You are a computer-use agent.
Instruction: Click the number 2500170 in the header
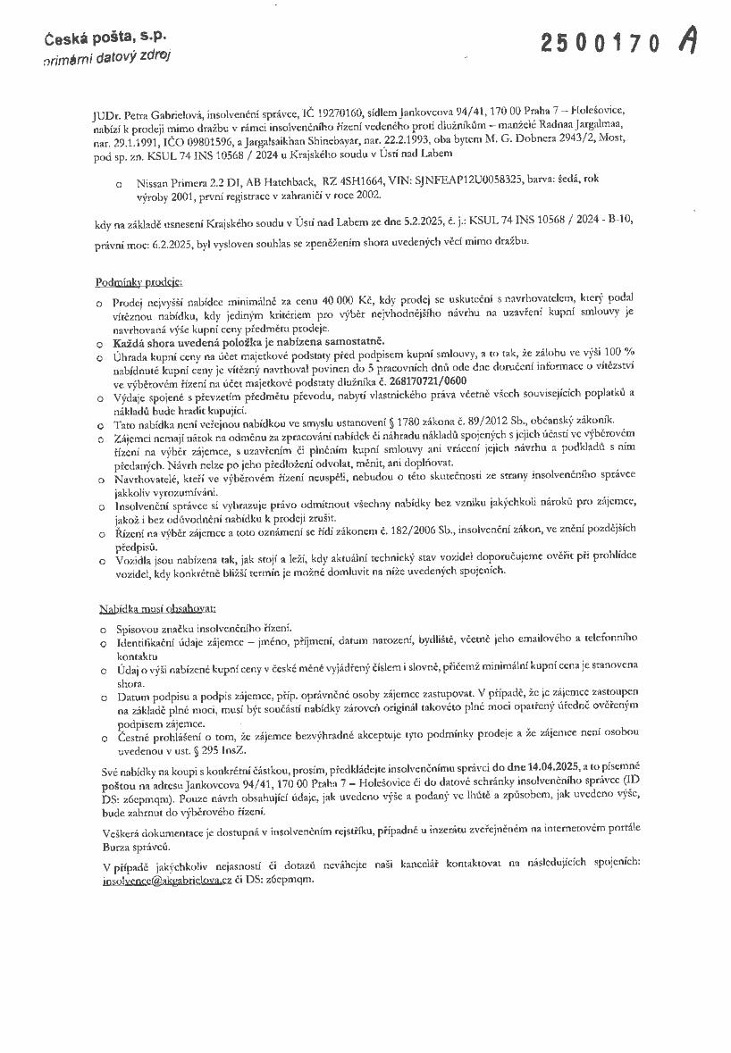[601, 42]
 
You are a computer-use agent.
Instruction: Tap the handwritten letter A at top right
[687, 39]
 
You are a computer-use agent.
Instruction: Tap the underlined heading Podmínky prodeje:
[139, 282]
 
